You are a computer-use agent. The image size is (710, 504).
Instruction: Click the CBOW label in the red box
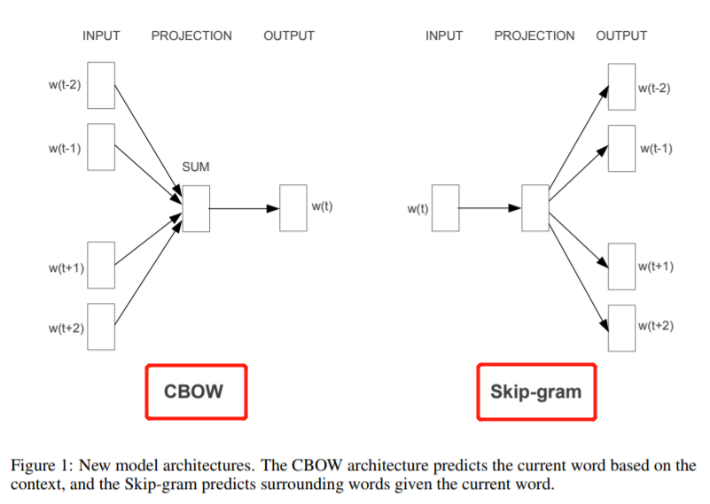(x=195, y=392)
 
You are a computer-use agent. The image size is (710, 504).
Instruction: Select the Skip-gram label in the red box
(x=536, y=392)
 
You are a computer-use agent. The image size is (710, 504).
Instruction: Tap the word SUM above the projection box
(x=196, y=167)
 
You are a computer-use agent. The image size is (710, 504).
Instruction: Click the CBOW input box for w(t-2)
(x=101, y=85)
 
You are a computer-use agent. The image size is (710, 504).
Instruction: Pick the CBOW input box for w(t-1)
(x=101, y=147)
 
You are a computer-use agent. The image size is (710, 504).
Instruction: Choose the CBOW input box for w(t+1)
(x=101, y=265)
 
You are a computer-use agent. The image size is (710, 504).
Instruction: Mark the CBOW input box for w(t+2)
(x=101, y=327)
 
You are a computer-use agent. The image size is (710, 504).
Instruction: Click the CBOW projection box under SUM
(x=196, y=208)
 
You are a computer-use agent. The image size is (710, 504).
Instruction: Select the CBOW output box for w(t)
(x=293, y=208)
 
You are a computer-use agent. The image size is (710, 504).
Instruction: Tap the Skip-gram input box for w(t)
(x=445, y=208)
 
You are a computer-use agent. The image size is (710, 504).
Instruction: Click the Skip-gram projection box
(x=535, y=208)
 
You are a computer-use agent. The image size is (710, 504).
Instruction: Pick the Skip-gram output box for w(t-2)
(x=621, y=87)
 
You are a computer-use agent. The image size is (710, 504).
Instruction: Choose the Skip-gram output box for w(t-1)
(x=621, y=148)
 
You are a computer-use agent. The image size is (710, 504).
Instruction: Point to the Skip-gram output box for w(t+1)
(x=621, y=265)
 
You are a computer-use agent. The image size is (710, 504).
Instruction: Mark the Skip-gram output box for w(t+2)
(x=621, y=326)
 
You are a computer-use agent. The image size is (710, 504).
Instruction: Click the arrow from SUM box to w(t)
(x=244, y=209)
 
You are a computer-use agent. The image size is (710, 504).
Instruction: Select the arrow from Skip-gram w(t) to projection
(x=490, y=209)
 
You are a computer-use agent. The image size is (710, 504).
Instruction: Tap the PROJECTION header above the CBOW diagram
(x=191, y=36)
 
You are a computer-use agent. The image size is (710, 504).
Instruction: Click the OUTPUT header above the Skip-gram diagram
(x=621, y=36)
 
